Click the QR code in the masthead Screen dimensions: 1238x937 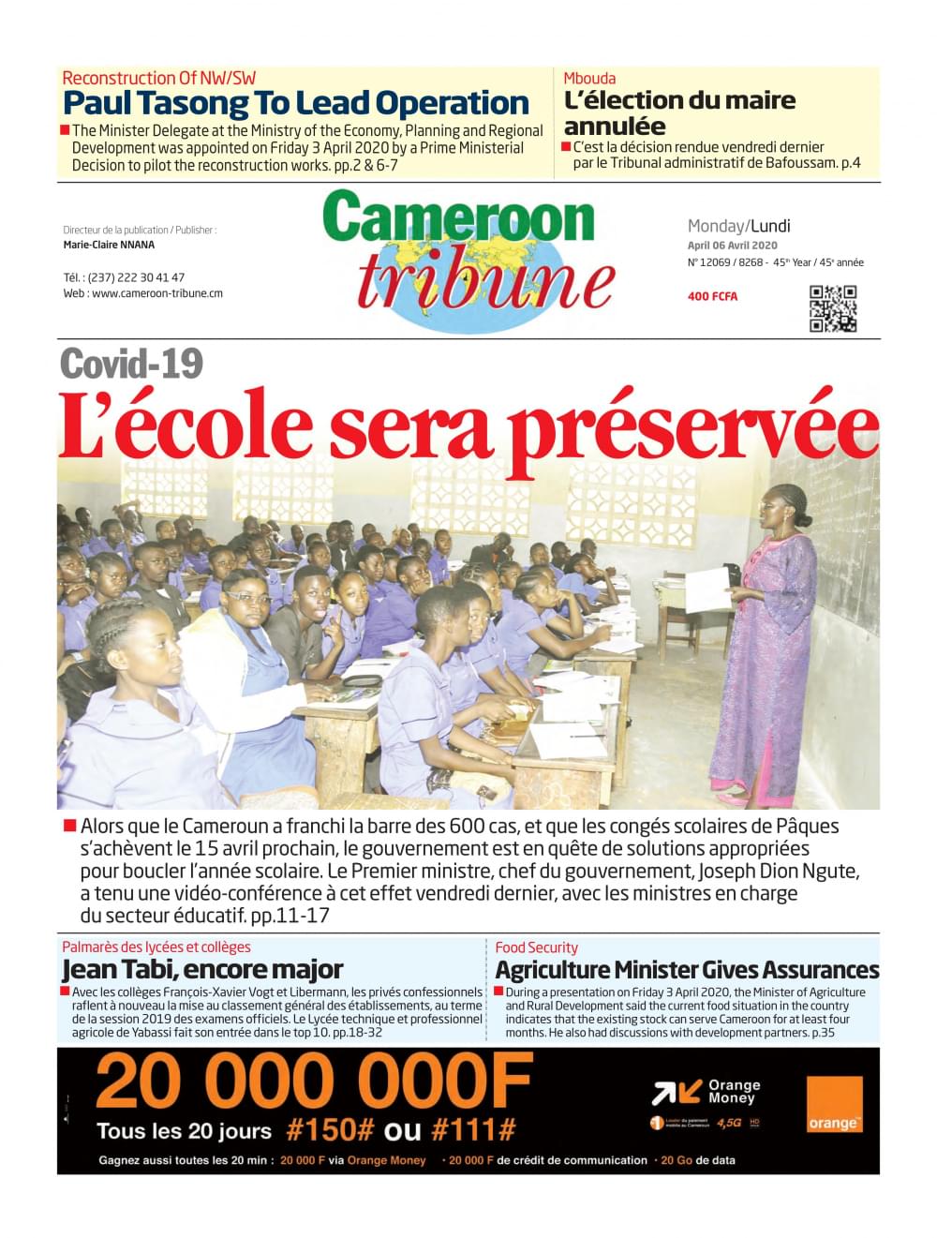[833, 308]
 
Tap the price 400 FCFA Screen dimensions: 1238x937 [712, 296]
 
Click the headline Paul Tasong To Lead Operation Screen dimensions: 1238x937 [296, 103]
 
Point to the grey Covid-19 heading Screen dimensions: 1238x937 [131, 364]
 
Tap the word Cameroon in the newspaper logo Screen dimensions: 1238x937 [459, 218]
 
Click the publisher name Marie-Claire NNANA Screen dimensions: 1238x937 [109, 245]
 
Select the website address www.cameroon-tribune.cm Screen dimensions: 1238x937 [157, 293]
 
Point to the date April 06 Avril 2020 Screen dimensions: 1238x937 [733, 246]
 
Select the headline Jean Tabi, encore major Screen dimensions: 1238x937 [202, 969]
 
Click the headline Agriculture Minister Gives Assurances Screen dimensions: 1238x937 [687, 970]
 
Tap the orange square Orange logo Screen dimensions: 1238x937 [834, 1104]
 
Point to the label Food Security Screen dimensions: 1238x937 [536, 947]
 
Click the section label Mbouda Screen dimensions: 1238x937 [589, 78]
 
